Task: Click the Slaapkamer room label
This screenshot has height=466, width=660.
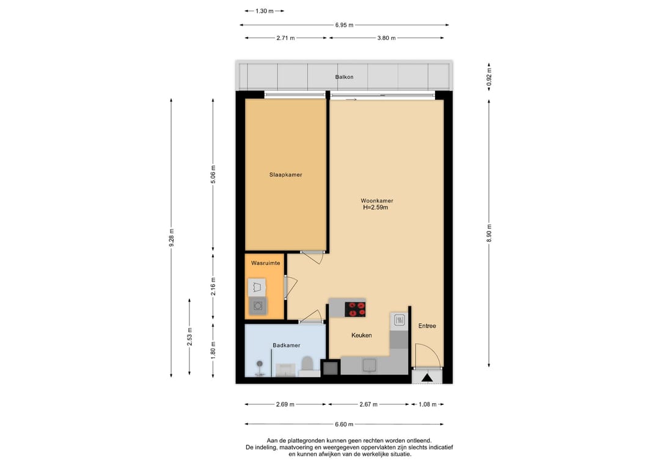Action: point(286,175)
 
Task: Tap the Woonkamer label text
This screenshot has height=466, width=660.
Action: point(376,200)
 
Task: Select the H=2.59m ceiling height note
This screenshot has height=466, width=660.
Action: point(375,207)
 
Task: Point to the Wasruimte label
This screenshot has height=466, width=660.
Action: point(266,263)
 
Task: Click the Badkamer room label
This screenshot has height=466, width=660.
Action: point(287,345)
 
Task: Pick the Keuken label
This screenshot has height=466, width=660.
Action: point(362,335)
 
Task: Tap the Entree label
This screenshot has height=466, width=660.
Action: point(427,326)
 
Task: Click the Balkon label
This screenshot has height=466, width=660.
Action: point(344,77)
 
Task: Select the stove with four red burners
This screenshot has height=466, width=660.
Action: point(355,309)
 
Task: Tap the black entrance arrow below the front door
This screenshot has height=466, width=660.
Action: point(427,377)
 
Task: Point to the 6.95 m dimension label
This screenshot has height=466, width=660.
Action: point(344,25)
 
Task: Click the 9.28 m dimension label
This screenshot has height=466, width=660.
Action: point(171,238)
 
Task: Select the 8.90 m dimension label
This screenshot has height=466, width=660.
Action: point(489,233)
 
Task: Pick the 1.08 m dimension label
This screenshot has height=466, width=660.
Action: point(427,404)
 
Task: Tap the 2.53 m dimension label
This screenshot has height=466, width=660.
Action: point(189,337)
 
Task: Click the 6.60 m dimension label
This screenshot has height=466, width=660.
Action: point(344,424)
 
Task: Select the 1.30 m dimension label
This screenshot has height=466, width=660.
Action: point(265,11)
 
